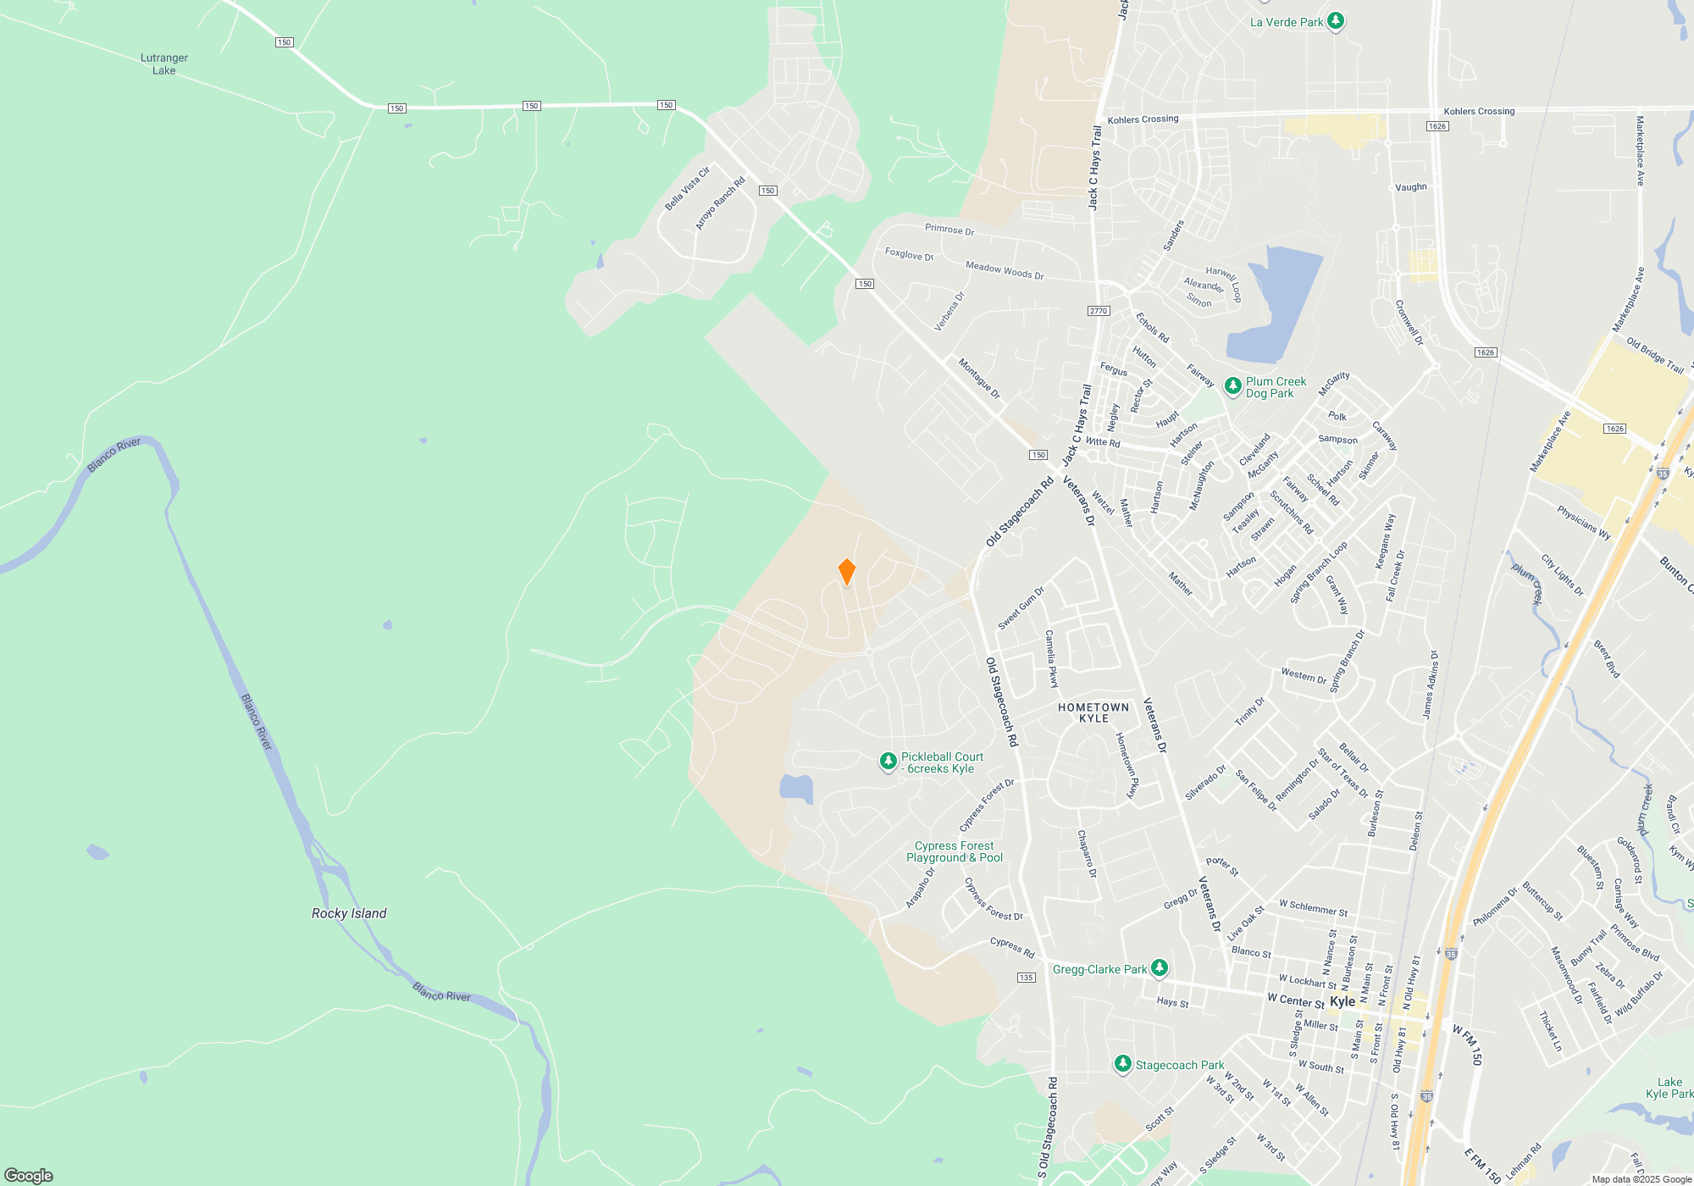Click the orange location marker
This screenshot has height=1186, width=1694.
(846, 572)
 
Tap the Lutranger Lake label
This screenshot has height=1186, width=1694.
(164, 64)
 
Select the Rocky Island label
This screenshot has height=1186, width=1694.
(349, 913)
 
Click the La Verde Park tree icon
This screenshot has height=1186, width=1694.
(1336, 21)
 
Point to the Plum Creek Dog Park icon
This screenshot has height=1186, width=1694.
(1233, 386)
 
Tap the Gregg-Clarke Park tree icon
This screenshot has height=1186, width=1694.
(1160, 967)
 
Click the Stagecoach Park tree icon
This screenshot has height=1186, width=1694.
(1123, 1064)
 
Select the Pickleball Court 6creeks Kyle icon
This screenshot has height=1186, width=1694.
(888, 762)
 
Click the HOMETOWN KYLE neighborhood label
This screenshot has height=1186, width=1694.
(1093, 712)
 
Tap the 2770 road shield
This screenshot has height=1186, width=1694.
(1099, 311)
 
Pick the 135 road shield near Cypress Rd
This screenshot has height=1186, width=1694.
(1026, 978)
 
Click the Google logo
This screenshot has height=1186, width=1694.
(29, 1175)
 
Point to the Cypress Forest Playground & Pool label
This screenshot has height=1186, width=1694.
(955, 852)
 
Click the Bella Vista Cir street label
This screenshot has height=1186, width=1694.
(687, 189)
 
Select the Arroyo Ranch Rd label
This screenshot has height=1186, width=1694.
(720, 203)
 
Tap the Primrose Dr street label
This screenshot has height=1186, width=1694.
(949, 230)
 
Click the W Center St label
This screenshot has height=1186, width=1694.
(1296, 1000)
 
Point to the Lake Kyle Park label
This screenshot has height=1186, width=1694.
(1669, 1088)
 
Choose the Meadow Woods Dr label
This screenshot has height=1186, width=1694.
(1005, 270)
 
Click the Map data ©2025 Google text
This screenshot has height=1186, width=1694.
(1641, 1179)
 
